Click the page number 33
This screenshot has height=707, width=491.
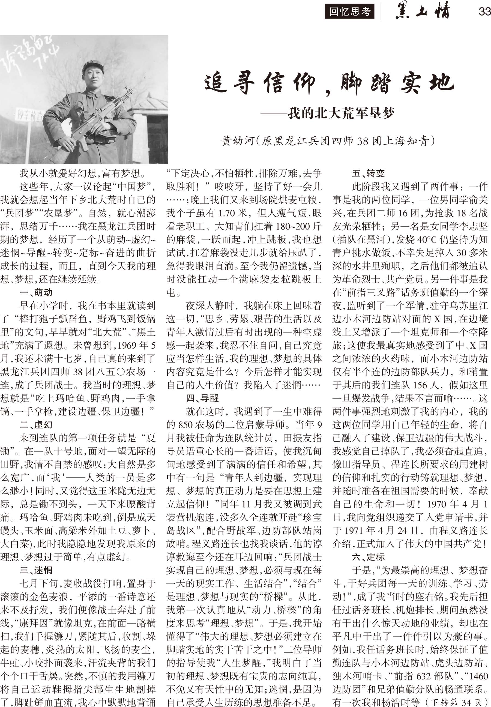[x=484, y=11]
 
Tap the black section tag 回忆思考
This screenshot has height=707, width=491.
[x=349, y=12]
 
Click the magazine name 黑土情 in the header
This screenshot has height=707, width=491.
[x=422, y=11]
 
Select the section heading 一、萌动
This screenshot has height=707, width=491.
[x=36, y=292]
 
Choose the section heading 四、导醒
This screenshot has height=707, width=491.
[x=202, y=398]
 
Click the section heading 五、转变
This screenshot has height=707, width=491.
[x=368, y=173]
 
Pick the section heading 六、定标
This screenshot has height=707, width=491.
[x=368, y=557]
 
